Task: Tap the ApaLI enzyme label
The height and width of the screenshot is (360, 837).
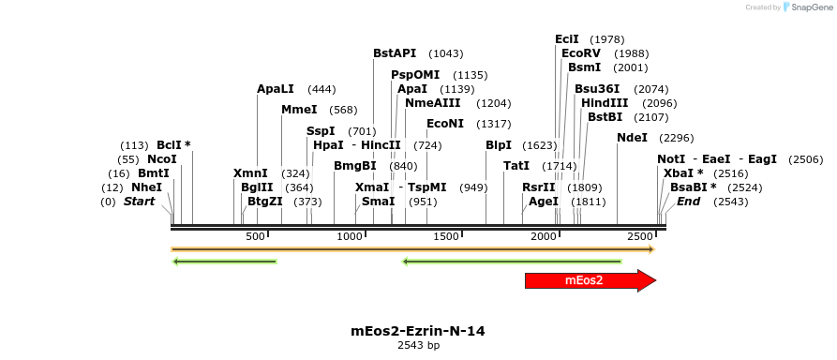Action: [x=276, y=89]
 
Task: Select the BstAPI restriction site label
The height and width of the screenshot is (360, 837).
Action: [x=395, y=53]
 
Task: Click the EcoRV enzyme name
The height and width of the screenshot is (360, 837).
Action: [x=581, y=53]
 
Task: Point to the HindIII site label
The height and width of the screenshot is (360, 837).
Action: [x=605, y=103]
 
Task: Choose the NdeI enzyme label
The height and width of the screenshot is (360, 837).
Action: [x=632, y=138]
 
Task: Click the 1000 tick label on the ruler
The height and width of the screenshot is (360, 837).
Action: [x=350, y=236]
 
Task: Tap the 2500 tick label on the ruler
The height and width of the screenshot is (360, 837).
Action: [x=640, y=236]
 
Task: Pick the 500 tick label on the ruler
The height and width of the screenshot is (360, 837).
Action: [x=256, y=236]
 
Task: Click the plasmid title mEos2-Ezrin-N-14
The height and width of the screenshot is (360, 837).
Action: [x=418, y=331]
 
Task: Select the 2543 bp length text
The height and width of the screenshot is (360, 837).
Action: [x=418, y=346]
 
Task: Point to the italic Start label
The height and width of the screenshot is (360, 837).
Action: [x=139, y=202]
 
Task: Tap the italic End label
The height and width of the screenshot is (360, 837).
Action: [x=688, y=202]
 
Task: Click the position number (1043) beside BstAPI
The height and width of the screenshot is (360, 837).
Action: [x=445, y=53]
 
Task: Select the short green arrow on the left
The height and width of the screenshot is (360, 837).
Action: [x=225, y=262]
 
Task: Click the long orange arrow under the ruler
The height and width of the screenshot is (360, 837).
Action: [x=412, y=249]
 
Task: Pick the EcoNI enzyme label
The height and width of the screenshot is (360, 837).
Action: [x=445, y=124]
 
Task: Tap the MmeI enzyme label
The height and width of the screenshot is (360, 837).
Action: [x=299, y=110]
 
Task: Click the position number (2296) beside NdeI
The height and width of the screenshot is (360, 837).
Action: [x=677, y=138]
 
